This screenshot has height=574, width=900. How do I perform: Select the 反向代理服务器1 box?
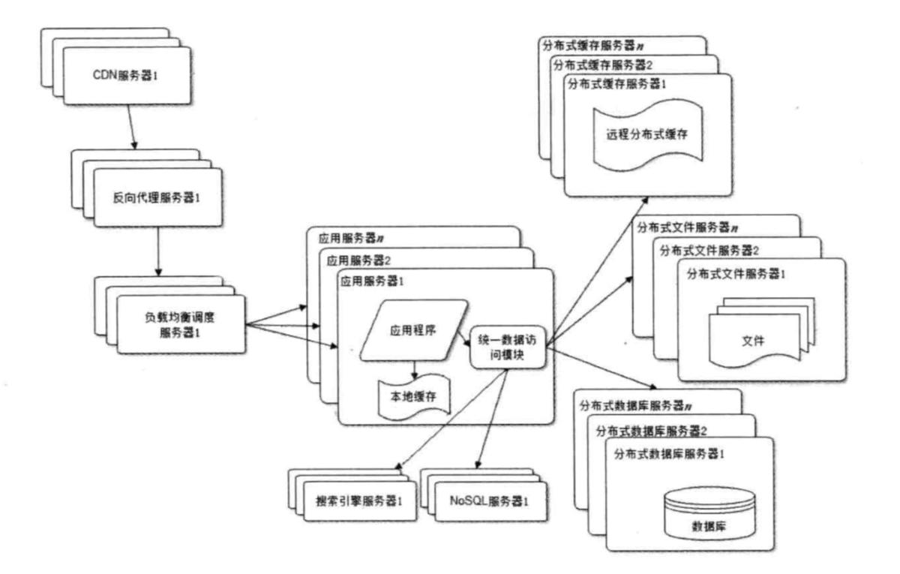[x=157, y=197]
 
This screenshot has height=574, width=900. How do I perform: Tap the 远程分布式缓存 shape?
[x=646, y=135]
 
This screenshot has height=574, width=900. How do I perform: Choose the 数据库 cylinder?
[x=709, y=512]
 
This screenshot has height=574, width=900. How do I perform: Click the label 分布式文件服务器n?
[x=688, y=226]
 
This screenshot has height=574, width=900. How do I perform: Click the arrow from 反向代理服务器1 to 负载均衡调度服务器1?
[x=159, y=251]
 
